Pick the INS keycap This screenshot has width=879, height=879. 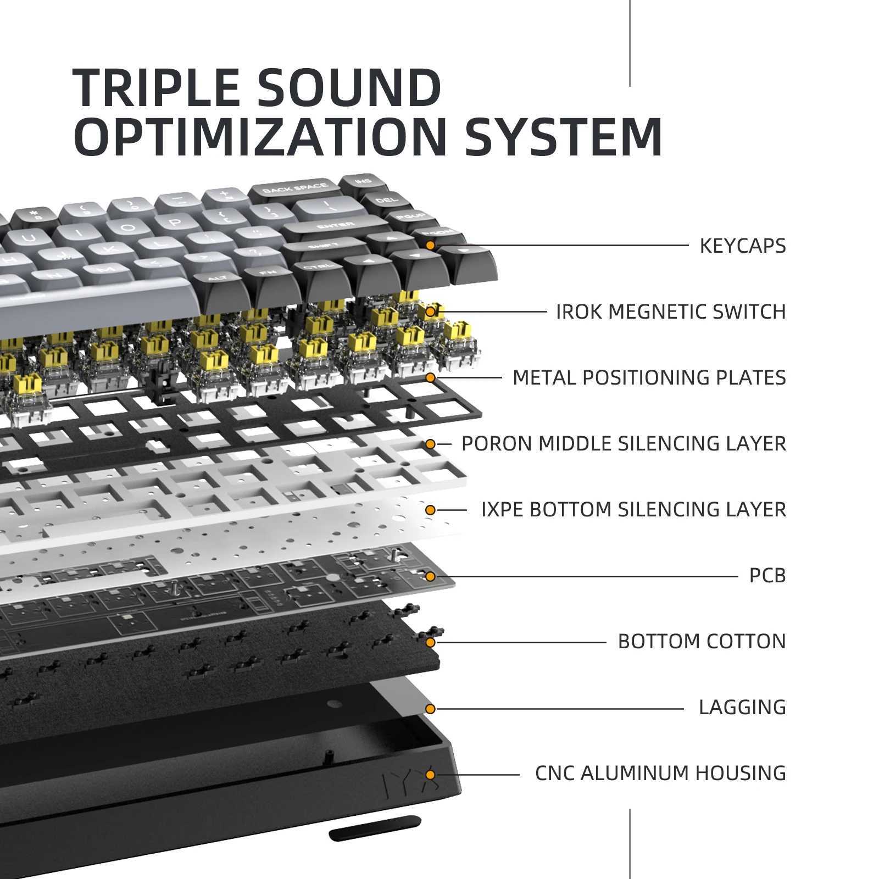363,182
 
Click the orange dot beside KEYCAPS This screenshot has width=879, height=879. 430,245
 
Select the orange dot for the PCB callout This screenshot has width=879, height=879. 430,576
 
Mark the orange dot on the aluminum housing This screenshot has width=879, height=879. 430,775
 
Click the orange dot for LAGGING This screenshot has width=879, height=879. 430,709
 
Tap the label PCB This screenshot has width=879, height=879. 767,576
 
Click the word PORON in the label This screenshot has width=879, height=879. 497,443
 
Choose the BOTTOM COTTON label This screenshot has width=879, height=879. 702,641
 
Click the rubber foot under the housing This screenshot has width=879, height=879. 375,828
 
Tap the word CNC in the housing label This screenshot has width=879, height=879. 555,773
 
